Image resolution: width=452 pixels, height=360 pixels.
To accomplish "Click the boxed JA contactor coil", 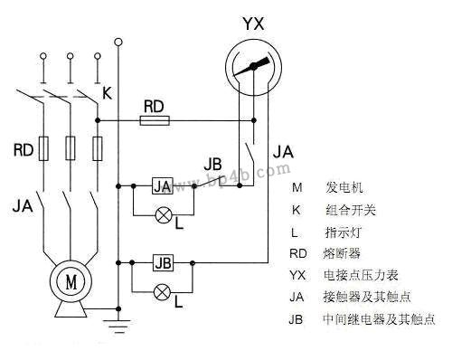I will coord(162,186).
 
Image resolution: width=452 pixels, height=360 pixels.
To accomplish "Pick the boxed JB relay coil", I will coord(163,263).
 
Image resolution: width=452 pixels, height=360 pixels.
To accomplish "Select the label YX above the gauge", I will coord(255,19).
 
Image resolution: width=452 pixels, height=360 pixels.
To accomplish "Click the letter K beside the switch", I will coord(107,91).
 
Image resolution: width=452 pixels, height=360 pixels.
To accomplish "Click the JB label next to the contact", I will coord(214,165).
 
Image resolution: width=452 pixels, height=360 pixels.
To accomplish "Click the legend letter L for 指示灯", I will coord(296,232).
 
